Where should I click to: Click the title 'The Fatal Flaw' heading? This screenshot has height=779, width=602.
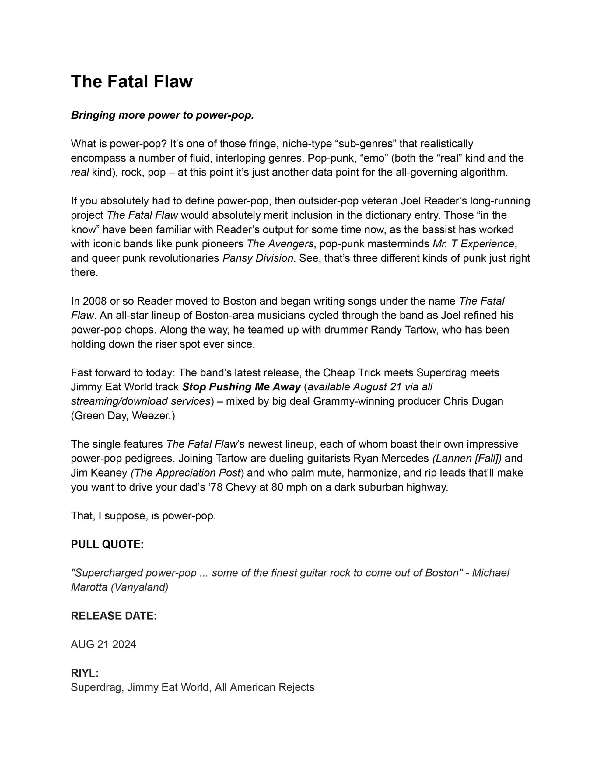point(132,81)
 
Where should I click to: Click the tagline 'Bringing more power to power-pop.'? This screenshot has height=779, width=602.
point(162,115)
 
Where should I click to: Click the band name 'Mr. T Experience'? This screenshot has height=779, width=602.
point(474,244)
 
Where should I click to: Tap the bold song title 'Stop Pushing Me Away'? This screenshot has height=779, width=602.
point(242,387)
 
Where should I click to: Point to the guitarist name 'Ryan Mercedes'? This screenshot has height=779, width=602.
point(391,458)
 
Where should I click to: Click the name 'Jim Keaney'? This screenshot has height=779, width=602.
point(99,473)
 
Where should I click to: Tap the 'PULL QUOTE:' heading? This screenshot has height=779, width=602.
point(107,544)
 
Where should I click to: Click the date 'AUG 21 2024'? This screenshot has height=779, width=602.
point(103,644)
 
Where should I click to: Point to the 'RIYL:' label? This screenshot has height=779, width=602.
point(85,673)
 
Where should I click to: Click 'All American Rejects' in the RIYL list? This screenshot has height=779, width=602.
point(264,687)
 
